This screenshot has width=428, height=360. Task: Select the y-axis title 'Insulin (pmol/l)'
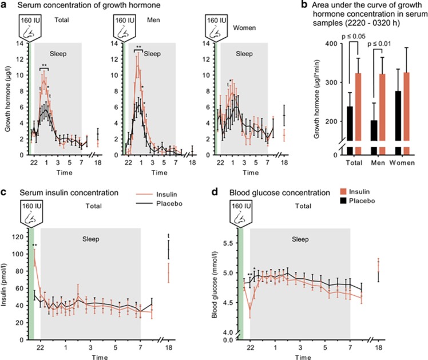coord(7,274)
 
